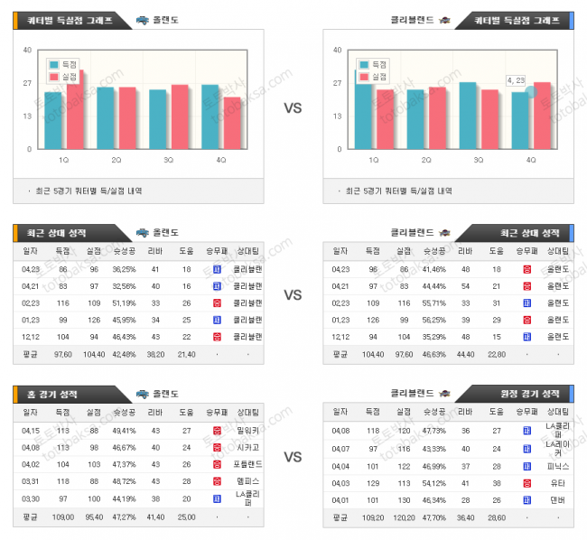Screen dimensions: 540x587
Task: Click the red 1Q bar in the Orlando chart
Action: tap(75, 110)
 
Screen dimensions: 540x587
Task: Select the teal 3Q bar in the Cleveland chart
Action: tap(468, 116)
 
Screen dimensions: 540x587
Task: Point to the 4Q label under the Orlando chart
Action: tap(221, 160)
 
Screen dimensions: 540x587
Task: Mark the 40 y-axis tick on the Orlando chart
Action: tap(28, 50)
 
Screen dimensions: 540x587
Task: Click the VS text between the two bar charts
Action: tap(293, 108)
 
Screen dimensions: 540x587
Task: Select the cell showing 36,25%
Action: tap(124, 269)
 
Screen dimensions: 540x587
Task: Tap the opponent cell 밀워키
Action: tap(248, 431)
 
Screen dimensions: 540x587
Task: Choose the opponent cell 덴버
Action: tap(557, 499)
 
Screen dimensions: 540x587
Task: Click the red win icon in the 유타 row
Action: tap(526, 483)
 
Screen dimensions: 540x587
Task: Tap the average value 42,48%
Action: tap(124, 354)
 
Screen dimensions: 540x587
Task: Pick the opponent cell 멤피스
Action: tap(248, 481)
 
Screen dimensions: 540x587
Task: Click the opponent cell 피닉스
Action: tap(557, 466)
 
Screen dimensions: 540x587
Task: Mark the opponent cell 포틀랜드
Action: tap(248, 464)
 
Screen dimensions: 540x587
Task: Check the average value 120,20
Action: tap(403, 517)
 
